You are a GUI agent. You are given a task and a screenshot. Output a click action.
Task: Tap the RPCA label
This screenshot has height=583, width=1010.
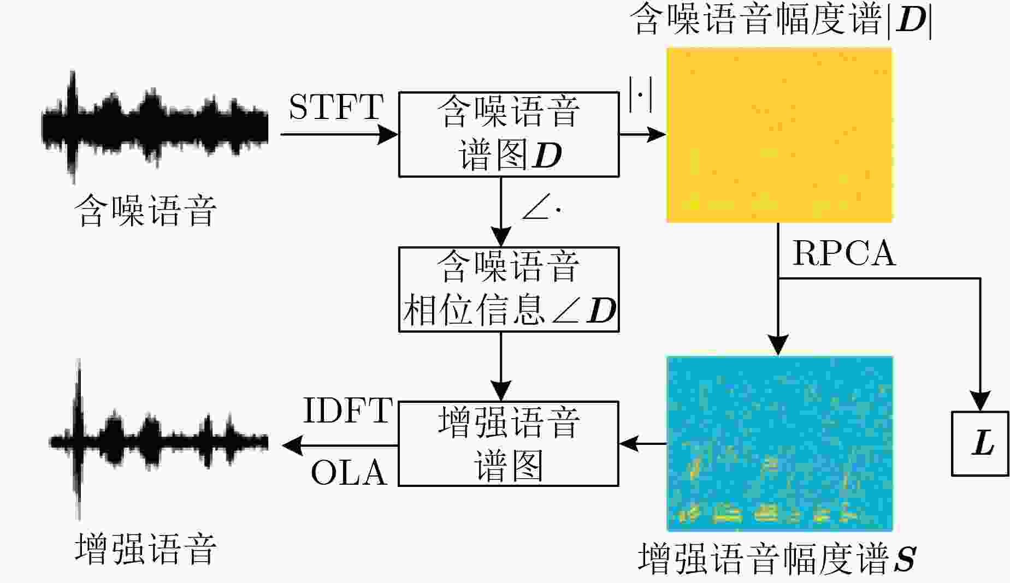(844, 253)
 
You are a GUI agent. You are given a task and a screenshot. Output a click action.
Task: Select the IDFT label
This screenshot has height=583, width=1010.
(347, 411)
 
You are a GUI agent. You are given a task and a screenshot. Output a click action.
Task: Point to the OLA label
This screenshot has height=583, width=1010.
(349, 472)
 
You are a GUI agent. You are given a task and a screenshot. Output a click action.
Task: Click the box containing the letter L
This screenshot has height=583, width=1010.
(980, 443)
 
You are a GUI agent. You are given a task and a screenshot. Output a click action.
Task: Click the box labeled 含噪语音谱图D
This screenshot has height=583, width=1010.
(509, 134)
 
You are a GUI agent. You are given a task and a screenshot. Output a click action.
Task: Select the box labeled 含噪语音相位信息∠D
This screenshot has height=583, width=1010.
(509, 289)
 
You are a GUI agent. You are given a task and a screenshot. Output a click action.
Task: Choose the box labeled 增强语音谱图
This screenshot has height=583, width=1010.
(509, 444)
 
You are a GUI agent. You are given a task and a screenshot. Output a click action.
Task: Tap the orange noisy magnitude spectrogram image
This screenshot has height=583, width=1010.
(779, 135)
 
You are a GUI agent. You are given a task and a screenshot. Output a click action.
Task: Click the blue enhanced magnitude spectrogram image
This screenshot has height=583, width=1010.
(779, 443)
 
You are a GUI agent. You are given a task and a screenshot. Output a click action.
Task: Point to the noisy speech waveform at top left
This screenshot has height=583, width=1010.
(155, 127)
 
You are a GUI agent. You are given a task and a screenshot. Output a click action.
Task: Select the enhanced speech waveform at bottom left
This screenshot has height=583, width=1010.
(159, 440)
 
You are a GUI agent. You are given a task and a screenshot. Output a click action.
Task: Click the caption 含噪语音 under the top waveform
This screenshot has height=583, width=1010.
(145, 210)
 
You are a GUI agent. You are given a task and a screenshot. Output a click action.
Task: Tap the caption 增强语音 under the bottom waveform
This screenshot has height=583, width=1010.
(145, 549)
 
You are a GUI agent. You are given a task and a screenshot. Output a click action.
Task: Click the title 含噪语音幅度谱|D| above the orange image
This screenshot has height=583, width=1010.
(781, 20)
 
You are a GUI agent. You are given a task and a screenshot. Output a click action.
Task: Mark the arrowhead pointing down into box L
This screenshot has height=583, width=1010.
(980, 401)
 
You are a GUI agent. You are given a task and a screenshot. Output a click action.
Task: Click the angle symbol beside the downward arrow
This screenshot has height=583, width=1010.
(541, 210)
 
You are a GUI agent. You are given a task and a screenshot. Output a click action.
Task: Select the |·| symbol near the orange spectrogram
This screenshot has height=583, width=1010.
(640, 94)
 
